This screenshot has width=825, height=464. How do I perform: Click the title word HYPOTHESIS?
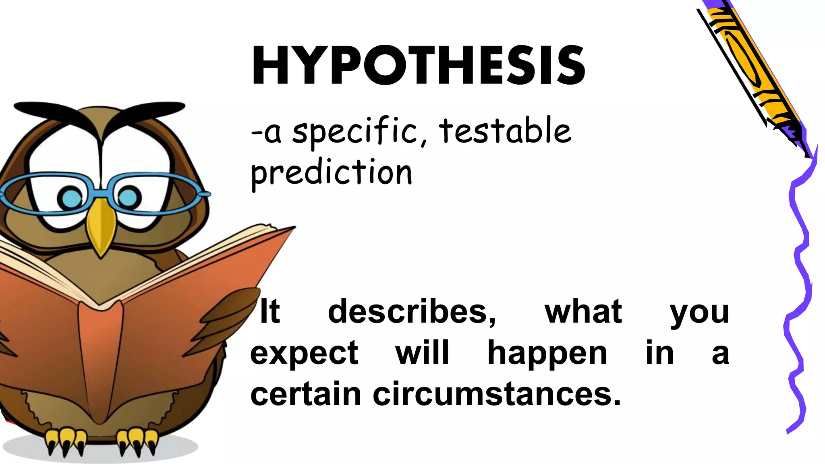418,66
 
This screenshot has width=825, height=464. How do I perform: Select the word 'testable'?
505,130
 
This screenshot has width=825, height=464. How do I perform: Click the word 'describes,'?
412,311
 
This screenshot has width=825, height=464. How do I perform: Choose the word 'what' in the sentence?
583,311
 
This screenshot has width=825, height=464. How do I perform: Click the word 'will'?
422,352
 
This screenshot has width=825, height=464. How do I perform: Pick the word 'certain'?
305,394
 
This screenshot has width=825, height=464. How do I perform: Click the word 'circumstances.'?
497,394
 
